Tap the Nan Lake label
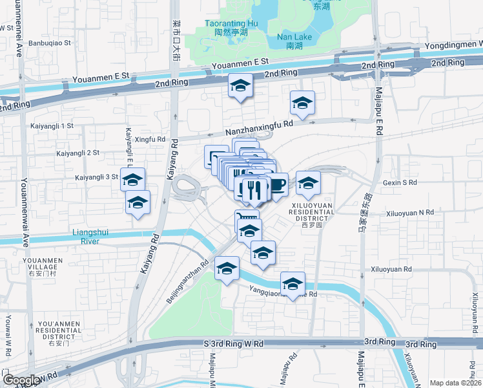tap(294, 41)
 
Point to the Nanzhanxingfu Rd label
tap(260, 123)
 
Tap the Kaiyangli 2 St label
tap(78, 153)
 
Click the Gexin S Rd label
tap(400, 183)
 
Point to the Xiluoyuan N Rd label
tap(410, 212)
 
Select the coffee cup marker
tap(277, 185)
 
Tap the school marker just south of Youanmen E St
tap(240, 86)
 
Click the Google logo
tap(21, 381)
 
